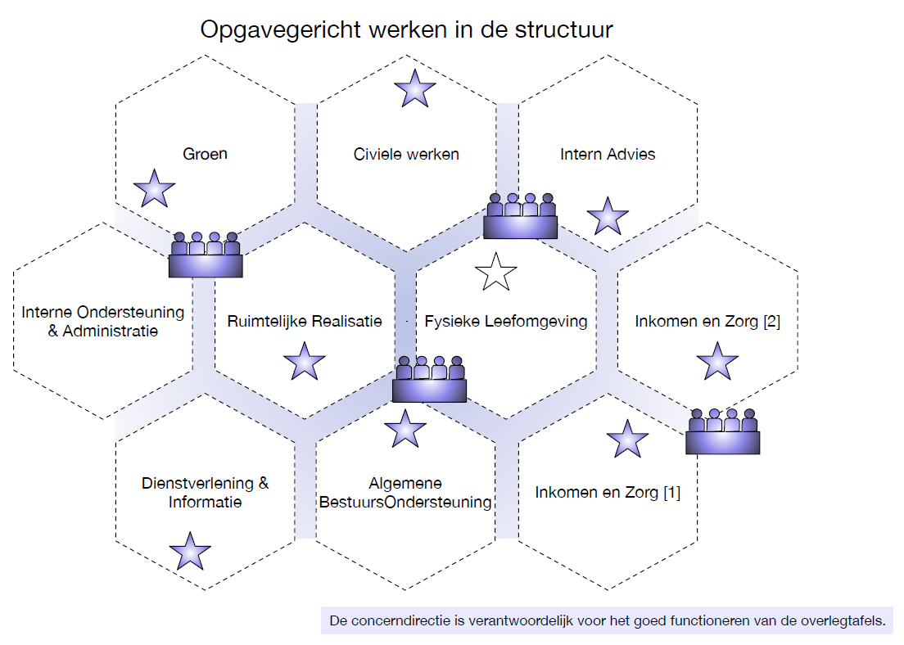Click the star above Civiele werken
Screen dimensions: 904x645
pyautogui.click(x=414, y=89)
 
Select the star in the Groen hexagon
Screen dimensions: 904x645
pyautogui.click(x=154, y=188)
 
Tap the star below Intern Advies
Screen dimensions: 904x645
pyautogui.click(x=608, y=216)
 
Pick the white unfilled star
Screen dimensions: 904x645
pyautogui.click(x=496, y=272)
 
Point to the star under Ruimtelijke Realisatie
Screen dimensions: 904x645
pyautogui.click(x=305, y=362)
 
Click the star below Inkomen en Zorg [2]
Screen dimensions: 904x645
pyautogui.click(x=718, y=362)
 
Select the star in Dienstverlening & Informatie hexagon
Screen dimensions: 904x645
pyautogui.click(x=190, y=552)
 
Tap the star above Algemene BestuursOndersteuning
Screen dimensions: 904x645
pyautogui.click(x=405, y=430)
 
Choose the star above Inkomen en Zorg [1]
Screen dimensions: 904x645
pyautogui.click(x=627, y=440)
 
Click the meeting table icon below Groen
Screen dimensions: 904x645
pyautogui.click(x=206, y=255)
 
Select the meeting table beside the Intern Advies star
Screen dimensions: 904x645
pyautogui.click(x=520, y=216)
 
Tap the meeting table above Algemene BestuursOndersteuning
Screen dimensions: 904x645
pyautogui.click(x=429, y=379)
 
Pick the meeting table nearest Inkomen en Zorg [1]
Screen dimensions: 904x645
pyautogui.click(x=722, y=431)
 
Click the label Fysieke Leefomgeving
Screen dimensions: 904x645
pyautogui.click(x=505, y=321)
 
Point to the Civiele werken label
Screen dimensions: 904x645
pyautogui.click(x=406, y=154)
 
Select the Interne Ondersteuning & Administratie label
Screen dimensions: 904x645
pyautogui.click(x=102, y=321)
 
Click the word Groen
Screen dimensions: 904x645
pyautogui.click(x=205, y=154)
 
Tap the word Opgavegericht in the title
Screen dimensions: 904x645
pyautogui.click(x=281, y=30)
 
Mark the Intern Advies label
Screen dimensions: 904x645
pyautogui.click(x=608, y=154)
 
